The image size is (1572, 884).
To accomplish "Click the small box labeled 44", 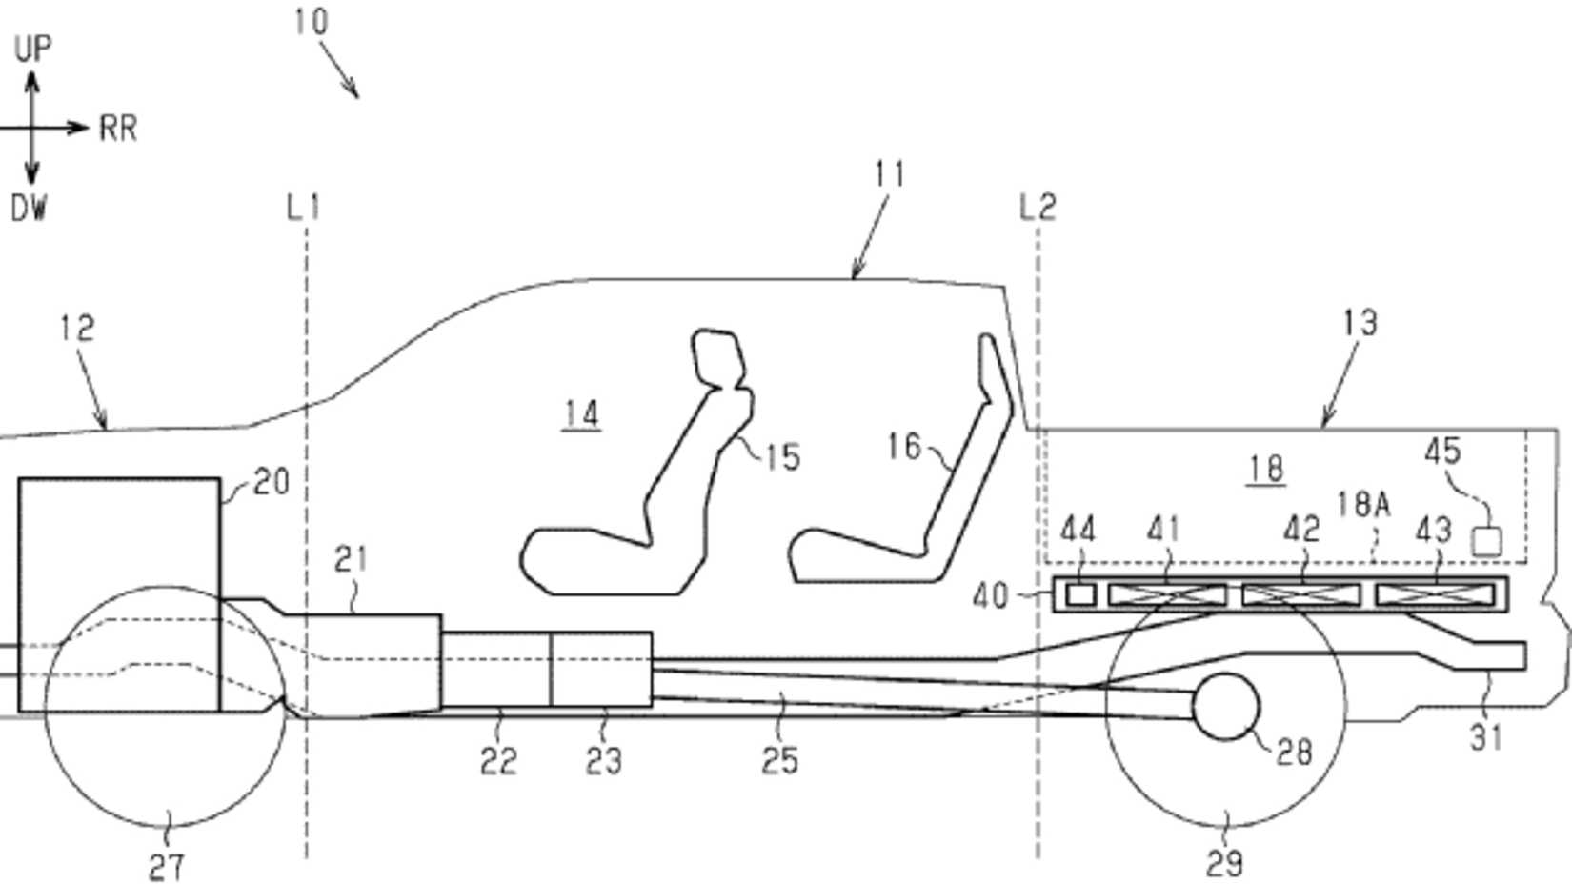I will click(x=1080, y=594).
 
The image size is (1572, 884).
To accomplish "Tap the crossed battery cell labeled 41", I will click(x=1167, y=595).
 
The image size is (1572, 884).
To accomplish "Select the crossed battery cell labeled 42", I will click(x=1301, y=595).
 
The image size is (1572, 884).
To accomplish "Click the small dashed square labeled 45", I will click(x=1486, y=541).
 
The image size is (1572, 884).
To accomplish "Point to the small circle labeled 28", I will click(x=1226, y=707).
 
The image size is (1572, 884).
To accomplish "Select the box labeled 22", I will click(x=495, y=669).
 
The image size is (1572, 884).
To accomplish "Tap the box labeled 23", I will click(x=602, y=669).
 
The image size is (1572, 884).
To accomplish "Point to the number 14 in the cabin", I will click(x=581, y=414).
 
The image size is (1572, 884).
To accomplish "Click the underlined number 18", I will click(x=1265, y=469).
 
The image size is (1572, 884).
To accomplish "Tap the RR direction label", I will click(x=118, y=129).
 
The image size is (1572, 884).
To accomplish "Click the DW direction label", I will click(x=29, y=208).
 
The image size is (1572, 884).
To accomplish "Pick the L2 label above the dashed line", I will click(x=1038, y=207).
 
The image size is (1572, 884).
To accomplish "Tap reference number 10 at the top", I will click(x=311, y=21).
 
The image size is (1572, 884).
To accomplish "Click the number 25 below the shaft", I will click(x=779, y=761).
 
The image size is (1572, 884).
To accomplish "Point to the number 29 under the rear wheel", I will click(x=1224, y=863).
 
